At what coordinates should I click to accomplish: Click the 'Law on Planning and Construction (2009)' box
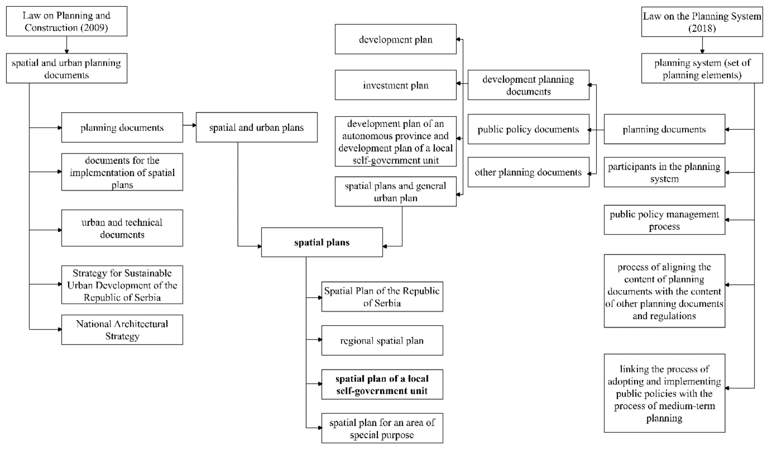67,21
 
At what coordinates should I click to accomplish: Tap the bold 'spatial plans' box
322,242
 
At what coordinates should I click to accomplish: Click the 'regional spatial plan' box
382,341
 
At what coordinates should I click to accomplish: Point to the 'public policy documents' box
528,129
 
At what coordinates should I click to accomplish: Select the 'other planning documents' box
528,172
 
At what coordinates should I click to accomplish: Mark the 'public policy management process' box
664,220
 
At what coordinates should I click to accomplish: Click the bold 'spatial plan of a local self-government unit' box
382,385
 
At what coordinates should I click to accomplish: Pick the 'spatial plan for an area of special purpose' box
382,428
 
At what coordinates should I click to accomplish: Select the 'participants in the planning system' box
664,172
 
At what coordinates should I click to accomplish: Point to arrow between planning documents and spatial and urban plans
189,125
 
